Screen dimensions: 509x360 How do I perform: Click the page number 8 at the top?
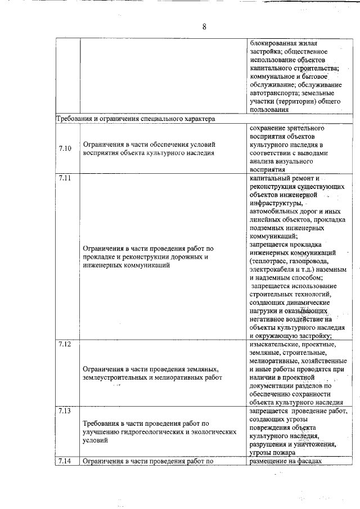pyautogui.click(x=205, y=27)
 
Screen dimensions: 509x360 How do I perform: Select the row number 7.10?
pyautogui.click(x=65, y=148)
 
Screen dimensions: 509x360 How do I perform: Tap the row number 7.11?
pyautogui.click(x=65, y=178)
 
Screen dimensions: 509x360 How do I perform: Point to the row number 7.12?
pyautogui.click(x=65, y=344)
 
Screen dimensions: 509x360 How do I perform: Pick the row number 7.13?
pyautogui.click(x=65, y=411)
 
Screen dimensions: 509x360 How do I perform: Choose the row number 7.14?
pyautogui.click(x=65, y=462)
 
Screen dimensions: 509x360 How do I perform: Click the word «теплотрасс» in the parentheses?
pyautogui.click(x=269, y=262)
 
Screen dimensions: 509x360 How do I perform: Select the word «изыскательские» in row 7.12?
pyautogui.click(x=273, y=344)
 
